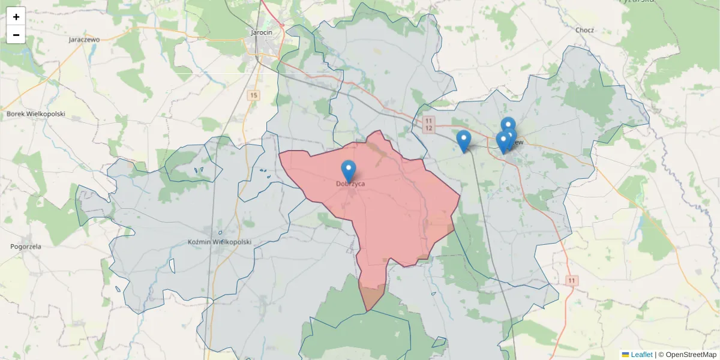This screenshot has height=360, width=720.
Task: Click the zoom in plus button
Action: pyautogui.click(x=16, y=17)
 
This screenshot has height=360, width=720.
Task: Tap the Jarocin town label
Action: pyautogui.click(x=262, y=32)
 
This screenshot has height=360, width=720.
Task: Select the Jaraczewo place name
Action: pyautogui.click(x=84, y=40)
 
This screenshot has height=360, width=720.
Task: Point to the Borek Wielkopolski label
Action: pyautogui.click(x=35, y=113)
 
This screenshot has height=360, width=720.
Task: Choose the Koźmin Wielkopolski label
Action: pyautogui.click(x=219, y=242)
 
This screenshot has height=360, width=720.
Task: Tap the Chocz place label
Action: pyautogui.click(x=584, y=30)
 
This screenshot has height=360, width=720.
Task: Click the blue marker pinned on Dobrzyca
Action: pyautogui.click(x=348, y=170)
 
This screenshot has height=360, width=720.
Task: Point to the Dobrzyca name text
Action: pyautogui.click(x=350, y=184)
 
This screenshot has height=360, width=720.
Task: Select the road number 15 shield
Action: pyautogui.click(x=254, y=95)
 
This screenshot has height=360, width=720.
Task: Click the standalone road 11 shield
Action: pyautogui.click(x=572, y=280)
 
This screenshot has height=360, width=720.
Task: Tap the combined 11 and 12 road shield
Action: pyautogui.click(x=428, y=125)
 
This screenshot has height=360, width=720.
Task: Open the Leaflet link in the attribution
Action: pyautogui.click(x=641, y=355)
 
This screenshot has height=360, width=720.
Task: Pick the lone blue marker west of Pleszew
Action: pyautogui.click(x=463, y=140)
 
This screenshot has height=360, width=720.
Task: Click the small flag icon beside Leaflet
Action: pyautogui.click(x=625, y=355)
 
